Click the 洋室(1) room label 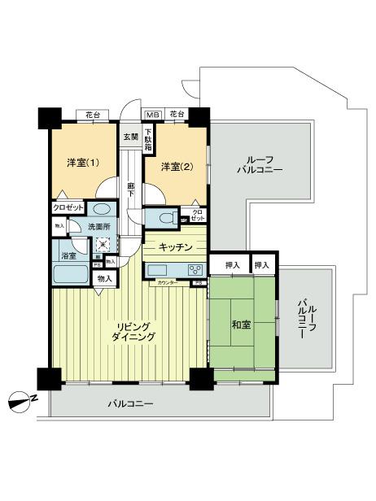pos(82,163)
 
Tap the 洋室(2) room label pos(176,167)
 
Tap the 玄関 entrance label pos(130,137)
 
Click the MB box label pos(151,113)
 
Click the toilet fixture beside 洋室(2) pos(164,217)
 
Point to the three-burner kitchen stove pos(195,270)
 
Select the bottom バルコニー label pos(131,403)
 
